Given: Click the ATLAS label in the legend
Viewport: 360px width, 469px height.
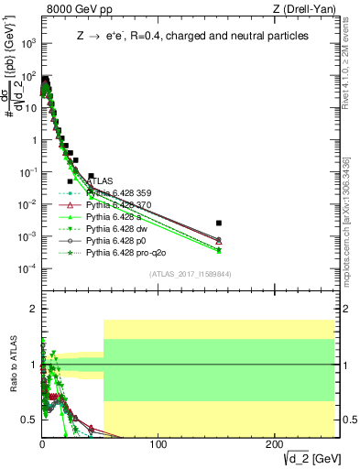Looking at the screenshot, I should click(100, 182).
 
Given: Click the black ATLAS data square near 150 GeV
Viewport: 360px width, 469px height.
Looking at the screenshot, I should click(219, 223).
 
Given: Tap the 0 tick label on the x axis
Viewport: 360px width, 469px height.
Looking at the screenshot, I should click(42, 444).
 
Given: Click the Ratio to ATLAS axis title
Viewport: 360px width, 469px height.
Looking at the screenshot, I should click(12, 364).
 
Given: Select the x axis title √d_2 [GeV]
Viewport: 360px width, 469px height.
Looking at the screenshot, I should click(308, 458).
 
